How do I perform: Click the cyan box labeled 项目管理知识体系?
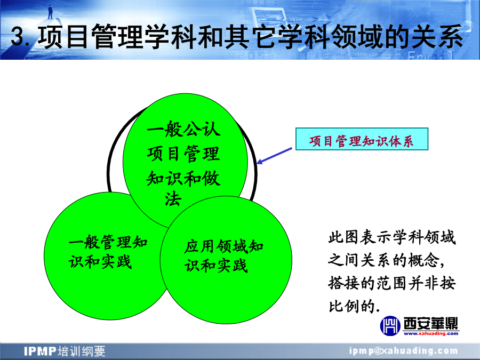click(x=362, y=139)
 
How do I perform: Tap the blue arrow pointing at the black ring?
click(x=274, y=156)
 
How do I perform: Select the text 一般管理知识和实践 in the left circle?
click(x=108, y=252)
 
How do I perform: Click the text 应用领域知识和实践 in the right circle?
click(x=223, y=256)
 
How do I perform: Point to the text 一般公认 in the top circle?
click(x=183, y=129)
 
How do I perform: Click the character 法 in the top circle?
click(x=173, y=199)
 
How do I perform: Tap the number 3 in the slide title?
click(x=18, y=37)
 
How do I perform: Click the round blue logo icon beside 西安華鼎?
click(x=390, y=326)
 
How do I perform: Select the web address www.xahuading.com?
click(x=431, y=333)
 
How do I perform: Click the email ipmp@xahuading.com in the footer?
click(x=404, y=350)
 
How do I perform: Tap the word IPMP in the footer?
click(x=40, y=351)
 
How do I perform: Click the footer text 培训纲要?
click(x=82, y=351)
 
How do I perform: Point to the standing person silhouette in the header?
click(x=50, y=12)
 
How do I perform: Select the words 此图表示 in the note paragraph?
click(x=360, y=237)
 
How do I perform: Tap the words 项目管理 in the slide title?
click(x=91, y=37)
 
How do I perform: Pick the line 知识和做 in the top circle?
click(x=183, y=179)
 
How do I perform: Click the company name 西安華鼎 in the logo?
click(x=431, y=323)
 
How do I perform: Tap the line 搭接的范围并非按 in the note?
click(x=392, y=283)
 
